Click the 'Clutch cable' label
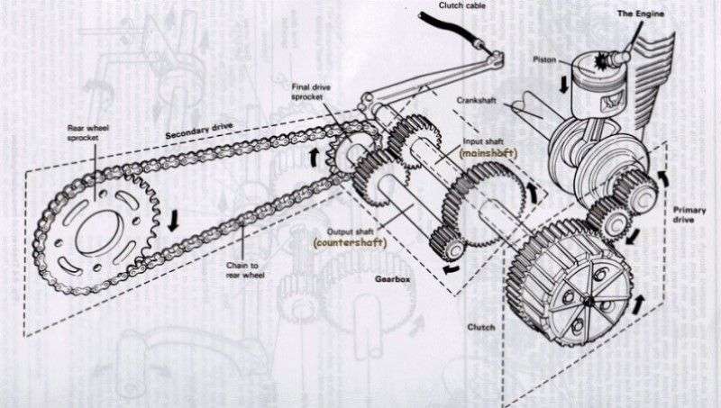tap(461, 5)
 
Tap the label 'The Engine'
tap(641, 14)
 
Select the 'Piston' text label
tap(544, 59)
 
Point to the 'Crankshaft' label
tap(477, 100)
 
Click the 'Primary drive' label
tap(689, 214)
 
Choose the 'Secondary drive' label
tap(199, 131)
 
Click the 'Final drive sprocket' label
tap(311, 92)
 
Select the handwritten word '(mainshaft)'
tap(488, 153)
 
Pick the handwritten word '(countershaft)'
tap(350, 242)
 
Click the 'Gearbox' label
tap(392, 279)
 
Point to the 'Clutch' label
tap(481, 327)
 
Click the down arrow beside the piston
tap(563, 85)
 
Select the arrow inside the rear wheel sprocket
tap(173, 221)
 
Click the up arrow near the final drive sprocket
tap(315, 157)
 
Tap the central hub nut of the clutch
tap(588, 301)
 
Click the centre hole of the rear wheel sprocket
tap(99, 233)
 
